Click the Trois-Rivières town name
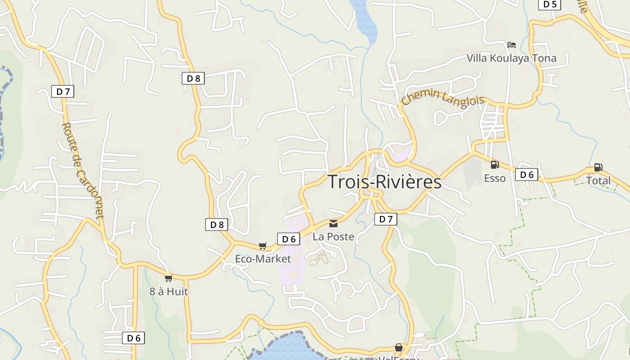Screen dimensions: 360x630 [x=384, y=182]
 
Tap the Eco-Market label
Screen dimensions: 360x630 [x=263, y=259]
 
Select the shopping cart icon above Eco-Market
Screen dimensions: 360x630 [x=263, y=246]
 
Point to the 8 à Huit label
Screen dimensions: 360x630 [x=169, y=292]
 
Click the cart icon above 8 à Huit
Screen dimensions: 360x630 [x=168, y=278]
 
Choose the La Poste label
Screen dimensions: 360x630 [x=333, y=237]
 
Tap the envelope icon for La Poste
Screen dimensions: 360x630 [x=333, y=223]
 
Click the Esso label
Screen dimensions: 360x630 [x=495, y=178]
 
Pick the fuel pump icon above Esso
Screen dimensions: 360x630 [x=495, y=165]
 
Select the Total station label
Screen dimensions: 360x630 [x=598, y=181]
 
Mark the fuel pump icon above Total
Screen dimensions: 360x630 [x=598, y=167]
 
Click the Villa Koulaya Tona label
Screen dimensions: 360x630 [x=511, y=58]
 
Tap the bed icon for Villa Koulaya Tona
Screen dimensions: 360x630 [x=511, y=45]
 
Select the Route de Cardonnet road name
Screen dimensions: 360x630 [x=83, y=171]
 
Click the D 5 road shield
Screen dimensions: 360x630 [x=549, y=4]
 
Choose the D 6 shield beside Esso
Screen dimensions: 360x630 [x=526, y=175]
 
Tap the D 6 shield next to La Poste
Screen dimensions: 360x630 [x=288, y=239]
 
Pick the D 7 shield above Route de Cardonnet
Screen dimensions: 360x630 [x=63, y=91]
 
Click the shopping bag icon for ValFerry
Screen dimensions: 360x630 [x=399, y=347]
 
